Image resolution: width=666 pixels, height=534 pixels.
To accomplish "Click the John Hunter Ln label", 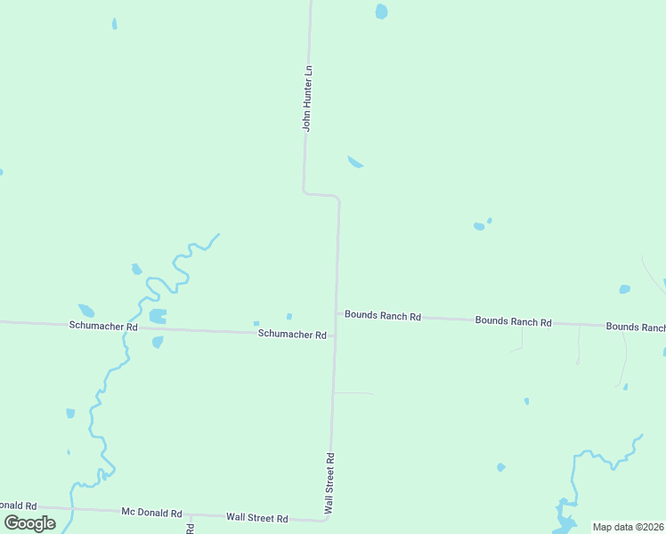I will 307,98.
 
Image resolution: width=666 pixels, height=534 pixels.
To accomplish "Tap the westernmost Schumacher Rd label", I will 103,327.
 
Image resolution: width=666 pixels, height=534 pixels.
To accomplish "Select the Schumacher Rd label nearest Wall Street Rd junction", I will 292,334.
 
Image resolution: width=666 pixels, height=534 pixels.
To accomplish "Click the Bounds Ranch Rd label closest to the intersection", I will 383,316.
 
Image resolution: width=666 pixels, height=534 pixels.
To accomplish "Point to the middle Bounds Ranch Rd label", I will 513,321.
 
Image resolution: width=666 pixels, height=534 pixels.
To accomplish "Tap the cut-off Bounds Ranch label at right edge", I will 635,327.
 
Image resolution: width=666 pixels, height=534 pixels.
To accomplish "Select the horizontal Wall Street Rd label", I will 256,517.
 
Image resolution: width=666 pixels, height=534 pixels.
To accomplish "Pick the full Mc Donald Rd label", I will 151,513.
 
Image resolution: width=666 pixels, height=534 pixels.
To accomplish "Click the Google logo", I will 30,523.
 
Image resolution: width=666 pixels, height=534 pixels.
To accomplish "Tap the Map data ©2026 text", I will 628,527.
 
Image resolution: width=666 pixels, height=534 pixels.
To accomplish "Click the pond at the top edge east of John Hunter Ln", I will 381,12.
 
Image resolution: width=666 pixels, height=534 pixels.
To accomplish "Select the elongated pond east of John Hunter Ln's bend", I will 355,161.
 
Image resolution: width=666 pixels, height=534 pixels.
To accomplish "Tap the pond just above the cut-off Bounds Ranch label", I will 624,289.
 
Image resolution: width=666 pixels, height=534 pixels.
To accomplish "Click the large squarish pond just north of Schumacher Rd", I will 158,315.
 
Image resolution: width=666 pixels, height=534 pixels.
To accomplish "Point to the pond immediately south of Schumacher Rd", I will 158,342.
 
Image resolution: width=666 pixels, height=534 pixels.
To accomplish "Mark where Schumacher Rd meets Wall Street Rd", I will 335,336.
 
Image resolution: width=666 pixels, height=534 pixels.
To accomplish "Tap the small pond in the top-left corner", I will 114,23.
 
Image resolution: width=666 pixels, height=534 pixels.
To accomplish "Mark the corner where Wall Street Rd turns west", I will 327,518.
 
